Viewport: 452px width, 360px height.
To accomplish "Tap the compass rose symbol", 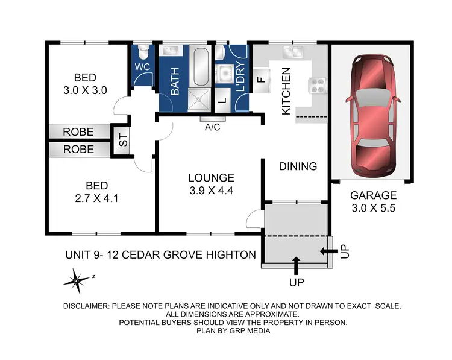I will tap(77, 279).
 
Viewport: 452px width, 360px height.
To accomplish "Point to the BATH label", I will tap(175, 82).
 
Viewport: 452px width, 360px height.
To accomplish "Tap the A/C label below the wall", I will tap(212, 127).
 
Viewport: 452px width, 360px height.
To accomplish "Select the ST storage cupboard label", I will tap(123, 142).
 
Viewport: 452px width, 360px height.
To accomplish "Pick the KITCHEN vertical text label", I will tap(286, 91).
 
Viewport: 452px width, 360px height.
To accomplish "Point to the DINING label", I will tap(298, 166).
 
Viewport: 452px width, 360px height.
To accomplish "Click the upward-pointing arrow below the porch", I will tap(295, 264).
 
